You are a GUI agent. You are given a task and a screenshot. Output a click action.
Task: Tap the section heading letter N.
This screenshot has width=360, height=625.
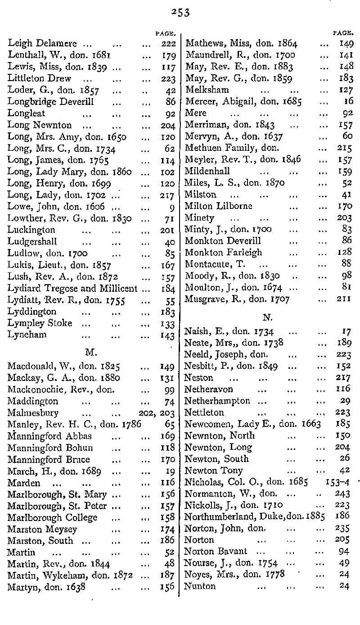[x=267, y=317]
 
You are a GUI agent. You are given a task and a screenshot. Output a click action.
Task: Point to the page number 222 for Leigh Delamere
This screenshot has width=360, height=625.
[x=168, y=44]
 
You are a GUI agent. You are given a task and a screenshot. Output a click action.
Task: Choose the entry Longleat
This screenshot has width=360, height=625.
[x=27, y=113]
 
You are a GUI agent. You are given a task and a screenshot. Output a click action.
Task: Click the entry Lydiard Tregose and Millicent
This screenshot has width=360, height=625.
[x=72, y=288]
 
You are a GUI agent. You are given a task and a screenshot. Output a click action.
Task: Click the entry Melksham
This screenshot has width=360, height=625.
[x=207, y=90]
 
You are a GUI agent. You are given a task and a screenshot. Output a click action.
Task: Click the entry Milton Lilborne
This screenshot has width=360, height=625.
[x=219, y=206]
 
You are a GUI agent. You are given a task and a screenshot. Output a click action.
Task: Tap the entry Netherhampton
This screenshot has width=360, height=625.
[x=217, y=401]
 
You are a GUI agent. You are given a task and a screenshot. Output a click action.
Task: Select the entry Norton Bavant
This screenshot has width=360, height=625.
[x=216, y=552]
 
